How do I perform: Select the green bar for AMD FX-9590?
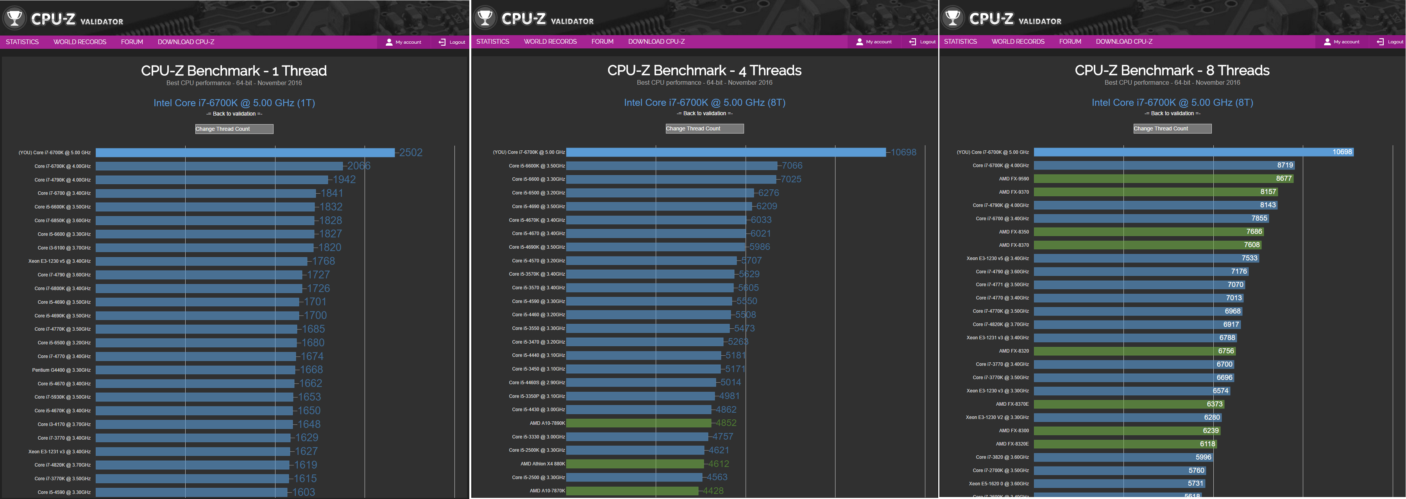click(1163, 178)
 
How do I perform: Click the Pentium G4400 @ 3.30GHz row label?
click(61, 370)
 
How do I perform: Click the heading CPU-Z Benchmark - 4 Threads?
click(704, 70)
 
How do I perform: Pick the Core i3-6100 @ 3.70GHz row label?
click(64, 248)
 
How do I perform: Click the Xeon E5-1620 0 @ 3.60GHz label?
click(998, 484)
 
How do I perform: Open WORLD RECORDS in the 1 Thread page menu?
click(80, 42)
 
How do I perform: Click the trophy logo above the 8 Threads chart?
click(952, 18)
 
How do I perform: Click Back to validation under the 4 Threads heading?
click(704, 114)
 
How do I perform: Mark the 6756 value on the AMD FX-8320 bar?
click(1226, 351)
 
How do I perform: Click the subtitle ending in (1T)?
click(234, 103)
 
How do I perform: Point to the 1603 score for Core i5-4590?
click(304, 492)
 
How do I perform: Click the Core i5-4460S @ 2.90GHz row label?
click(537, 383)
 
